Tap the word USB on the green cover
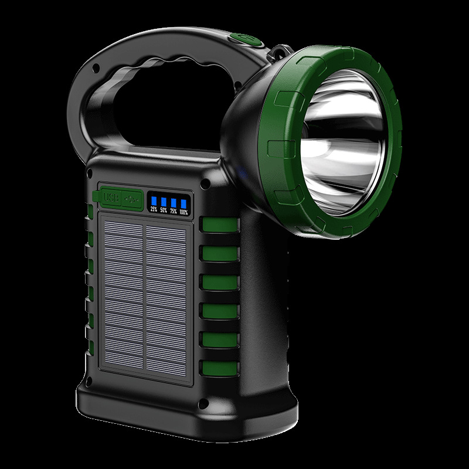[111, 197]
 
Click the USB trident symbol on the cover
[130, 198]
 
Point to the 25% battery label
[154, 209]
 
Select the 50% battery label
[164, 210]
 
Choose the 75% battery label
[174, 211]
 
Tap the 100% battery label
[183, 212]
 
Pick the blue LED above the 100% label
[183, 203]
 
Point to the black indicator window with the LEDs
[169, 203]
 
